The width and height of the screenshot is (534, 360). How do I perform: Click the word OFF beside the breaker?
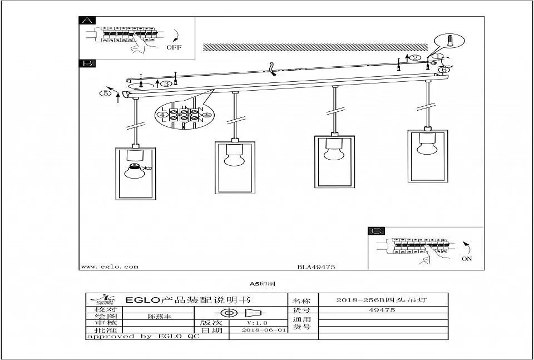pyautogui.click(x=174, y=48)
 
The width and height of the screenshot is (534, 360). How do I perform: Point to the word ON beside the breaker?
pyautogui.click(x=466, y=259)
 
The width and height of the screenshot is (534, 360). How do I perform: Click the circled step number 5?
pyautogui.click(x=105, y=93)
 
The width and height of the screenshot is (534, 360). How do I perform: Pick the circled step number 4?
pyautogui.click(x=162, y=115)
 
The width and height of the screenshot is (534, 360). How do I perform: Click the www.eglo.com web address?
pyautogui.click(x=110, y=267)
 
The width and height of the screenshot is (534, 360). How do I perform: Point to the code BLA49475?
pyautogui.click(x=316, y=267)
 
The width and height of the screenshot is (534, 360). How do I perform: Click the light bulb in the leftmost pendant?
pyautogui.click(x=133, y=170)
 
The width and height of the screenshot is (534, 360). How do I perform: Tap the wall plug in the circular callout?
pyautogui.click(x=451, y=41)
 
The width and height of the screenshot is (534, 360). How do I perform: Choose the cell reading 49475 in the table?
pyautogui.click(x=383, y=310)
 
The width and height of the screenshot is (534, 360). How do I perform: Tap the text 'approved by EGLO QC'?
pyautogui.click(x=142, y=337)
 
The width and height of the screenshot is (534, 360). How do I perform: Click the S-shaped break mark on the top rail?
pyautogui.click(x=272, y=68)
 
